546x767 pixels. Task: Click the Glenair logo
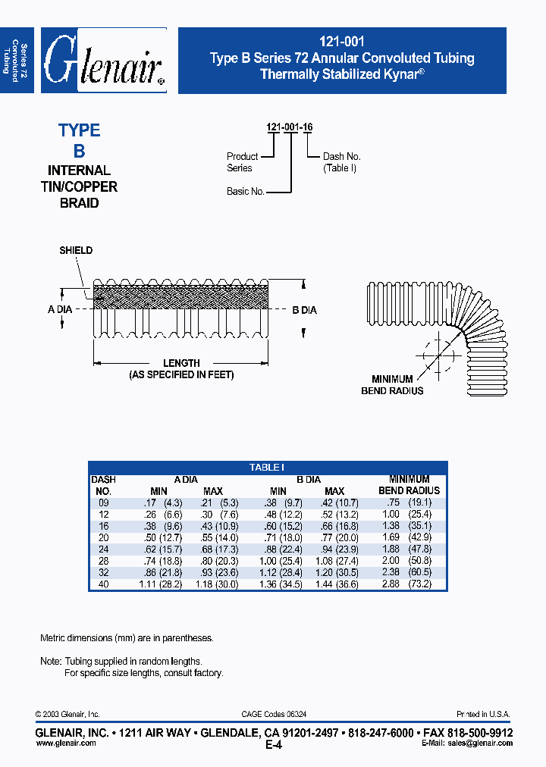[x=103, y=61]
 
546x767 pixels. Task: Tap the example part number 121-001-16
[x=290, y=127]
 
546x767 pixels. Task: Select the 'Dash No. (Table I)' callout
[x=341, y=162]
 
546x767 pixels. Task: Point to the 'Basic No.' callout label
[x=245, y=192]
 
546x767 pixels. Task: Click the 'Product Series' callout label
[x=242, y=162]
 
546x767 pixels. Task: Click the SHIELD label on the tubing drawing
[x=76, y=251]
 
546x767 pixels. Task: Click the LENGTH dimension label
[x=181, y=363]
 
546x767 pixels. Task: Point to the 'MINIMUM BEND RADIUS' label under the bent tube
[x=392, y=385]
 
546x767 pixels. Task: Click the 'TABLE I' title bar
[x=267, y=468]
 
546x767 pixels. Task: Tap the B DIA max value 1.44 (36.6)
[x=334, y=584]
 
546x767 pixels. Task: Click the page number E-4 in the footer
[x=273, y=745]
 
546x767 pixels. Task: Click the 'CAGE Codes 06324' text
[x=274, y=714]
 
